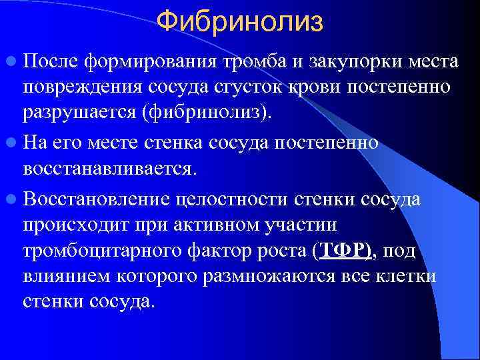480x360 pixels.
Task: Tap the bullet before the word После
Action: pos(12,63)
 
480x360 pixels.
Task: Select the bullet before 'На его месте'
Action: pos(12,142)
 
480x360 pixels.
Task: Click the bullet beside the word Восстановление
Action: pos(12,197)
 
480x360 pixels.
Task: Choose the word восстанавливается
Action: pos(109,169)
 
